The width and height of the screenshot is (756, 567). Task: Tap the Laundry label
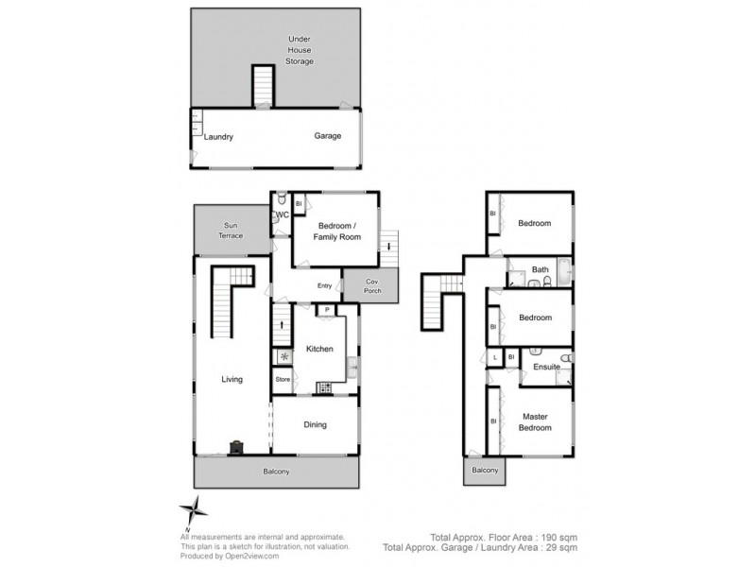tap(219, 137)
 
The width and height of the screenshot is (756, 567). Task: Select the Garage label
tap(328, 136)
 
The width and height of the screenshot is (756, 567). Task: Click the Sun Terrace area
tap(232, 230)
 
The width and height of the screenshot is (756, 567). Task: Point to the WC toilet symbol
tap(280, 199)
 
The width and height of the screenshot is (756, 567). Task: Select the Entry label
tap(324, 286)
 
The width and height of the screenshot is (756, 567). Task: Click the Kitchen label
tap(319, 350)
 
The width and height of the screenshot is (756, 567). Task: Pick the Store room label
tap(282, 380)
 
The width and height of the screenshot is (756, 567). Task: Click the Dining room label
tap(315, 425)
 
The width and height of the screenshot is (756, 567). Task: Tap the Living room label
tap(232, 380)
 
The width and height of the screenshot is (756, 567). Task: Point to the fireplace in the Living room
tap(234, 448)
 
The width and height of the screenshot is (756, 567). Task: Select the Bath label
tap(540, 270)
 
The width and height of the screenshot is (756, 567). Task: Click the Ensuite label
tap(545, 366)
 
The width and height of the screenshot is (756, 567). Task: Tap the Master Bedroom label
tap(534, 421)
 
